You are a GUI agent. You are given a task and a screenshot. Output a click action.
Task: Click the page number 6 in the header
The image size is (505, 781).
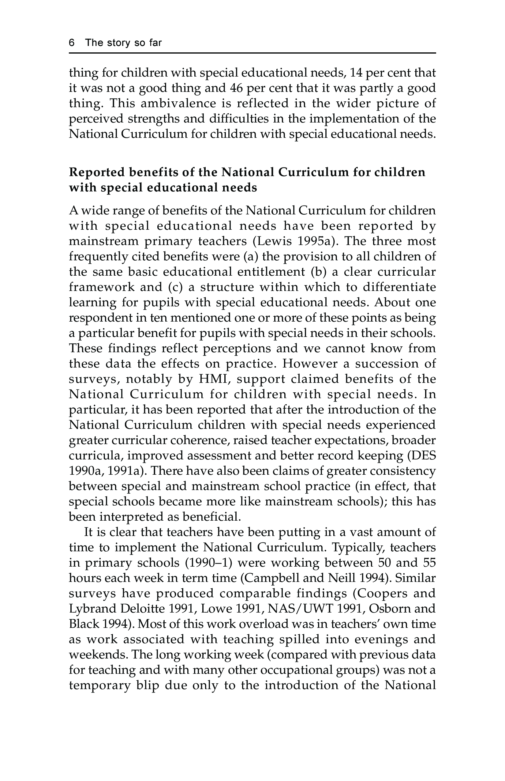(x=72, y=43)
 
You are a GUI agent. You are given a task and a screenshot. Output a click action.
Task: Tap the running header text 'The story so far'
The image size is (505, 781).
(x=123, y=43)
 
